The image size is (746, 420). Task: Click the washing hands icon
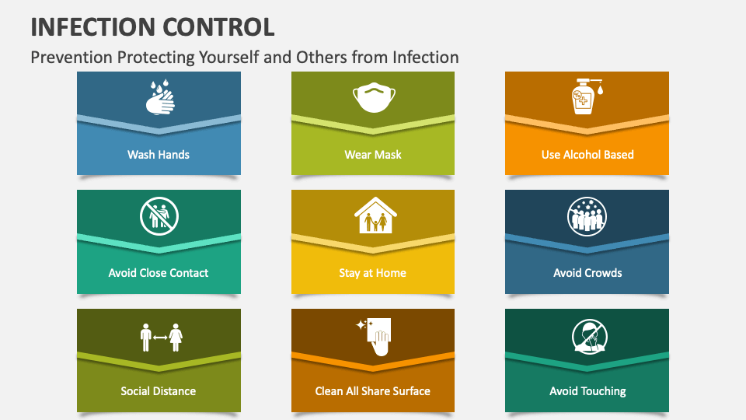tap(160, 97)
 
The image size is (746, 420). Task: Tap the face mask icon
tap(374, 98)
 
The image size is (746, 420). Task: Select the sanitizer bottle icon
tap(586, 96)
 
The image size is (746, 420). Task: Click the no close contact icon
tap(159, 216)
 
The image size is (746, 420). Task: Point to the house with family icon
tap(375, 215)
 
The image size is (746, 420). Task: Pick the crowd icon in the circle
tap(587, 217)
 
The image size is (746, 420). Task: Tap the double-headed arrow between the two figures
tap(160, 338)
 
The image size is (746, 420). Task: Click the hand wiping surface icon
tap(374, 337)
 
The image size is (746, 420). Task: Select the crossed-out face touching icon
tap(590, 337)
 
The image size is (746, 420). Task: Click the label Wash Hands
tap(159, 155)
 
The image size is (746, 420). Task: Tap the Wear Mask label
tap(373, 155)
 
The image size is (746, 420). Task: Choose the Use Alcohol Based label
tap(587, 155)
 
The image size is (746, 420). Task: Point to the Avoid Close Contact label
tap(159, 273)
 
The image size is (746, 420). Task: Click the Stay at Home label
tap(372, 273)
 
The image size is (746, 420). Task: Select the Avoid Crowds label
tap(587, 273)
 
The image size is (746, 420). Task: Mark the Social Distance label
tap(159, 391)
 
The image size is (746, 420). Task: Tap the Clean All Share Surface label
tap(372, 391)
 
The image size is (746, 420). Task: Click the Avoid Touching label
tap(587, 391)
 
